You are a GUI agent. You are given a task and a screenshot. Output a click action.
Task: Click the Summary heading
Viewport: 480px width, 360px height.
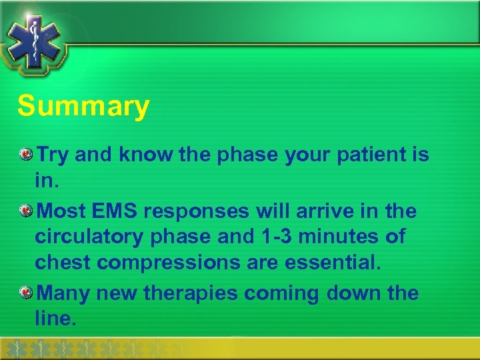tap(84, 107)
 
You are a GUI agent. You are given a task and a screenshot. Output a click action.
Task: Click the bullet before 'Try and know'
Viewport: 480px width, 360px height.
tap(25, 155)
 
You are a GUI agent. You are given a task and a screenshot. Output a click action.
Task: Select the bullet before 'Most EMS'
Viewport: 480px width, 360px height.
tap(25, 211)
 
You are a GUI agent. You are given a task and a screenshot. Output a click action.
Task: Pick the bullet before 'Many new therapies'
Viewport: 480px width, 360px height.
tap(25, 293)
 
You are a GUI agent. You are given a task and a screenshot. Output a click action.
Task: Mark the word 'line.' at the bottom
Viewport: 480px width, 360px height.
tap(56, 319)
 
